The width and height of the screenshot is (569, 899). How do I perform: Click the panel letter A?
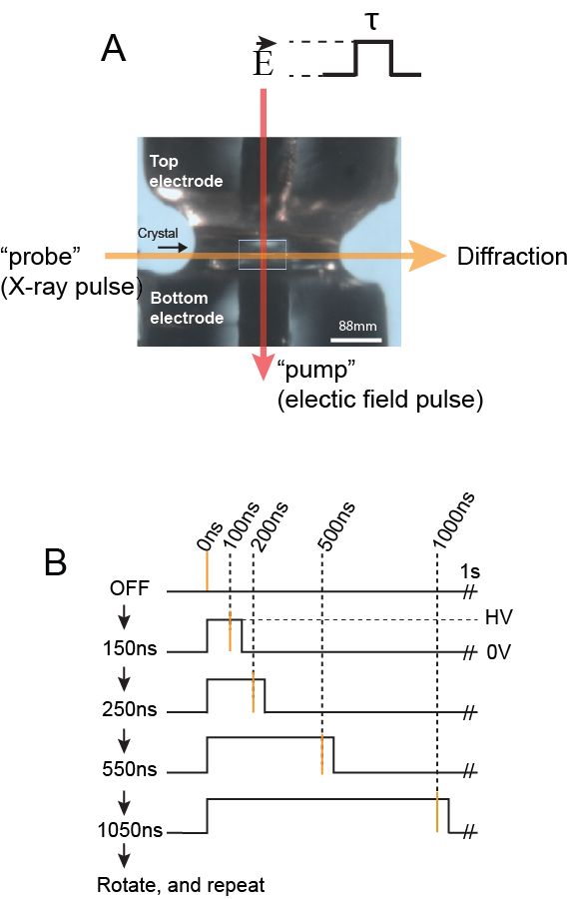click(x=113, y=48)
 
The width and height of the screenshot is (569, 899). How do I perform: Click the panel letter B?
click(x=56, y=562)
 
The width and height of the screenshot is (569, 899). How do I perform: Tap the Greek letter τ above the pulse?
click(x=372, y=22)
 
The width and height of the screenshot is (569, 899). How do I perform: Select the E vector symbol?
click(x=264, y=58)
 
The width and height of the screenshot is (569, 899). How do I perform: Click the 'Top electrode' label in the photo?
click(x=186, y=171)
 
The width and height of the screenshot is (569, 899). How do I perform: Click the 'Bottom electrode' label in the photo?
click(x=187, y=308)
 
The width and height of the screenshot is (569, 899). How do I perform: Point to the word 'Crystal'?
click(x=158, y=234)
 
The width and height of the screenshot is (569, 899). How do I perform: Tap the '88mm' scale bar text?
click(x=357, y=327)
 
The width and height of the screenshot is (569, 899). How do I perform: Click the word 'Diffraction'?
click(x=512, y=257)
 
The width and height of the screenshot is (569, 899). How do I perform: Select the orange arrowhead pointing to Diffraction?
click(x=428, y=257)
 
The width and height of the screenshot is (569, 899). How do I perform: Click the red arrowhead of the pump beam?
click(x=263, y=367)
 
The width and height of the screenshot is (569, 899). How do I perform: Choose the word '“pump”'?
click(x=316, y=371)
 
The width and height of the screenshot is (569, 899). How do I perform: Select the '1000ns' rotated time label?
click(x=454, y=520)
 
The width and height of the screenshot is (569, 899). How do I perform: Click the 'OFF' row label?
click(x=130, y=588)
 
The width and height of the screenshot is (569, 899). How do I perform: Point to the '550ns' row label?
click(x=130, y=769)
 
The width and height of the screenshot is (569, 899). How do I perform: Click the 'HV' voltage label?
click(x=498, y=617)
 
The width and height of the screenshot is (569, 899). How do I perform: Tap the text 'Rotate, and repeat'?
click(x=181, y=885)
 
